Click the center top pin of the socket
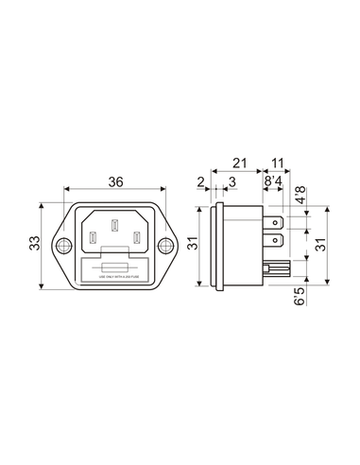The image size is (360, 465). click(x=113, y=226)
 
